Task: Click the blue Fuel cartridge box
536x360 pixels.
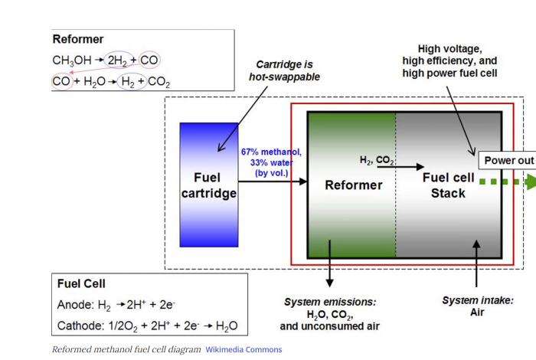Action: click(208, 184)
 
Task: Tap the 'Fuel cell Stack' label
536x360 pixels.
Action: click(448, 185)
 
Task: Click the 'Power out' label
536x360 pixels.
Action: click(507, 161)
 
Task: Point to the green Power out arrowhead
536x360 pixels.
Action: click(528, 182)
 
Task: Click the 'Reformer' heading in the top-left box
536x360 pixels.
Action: click(78, 39)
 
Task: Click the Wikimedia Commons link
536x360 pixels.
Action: click(243, 349)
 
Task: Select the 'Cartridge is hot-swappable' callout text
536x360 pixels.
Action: click(284, 70)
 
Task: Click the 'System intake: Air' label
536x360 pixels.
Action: click(477, 306)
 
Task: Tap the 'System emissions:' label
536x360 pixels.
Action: click(329, 303)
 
